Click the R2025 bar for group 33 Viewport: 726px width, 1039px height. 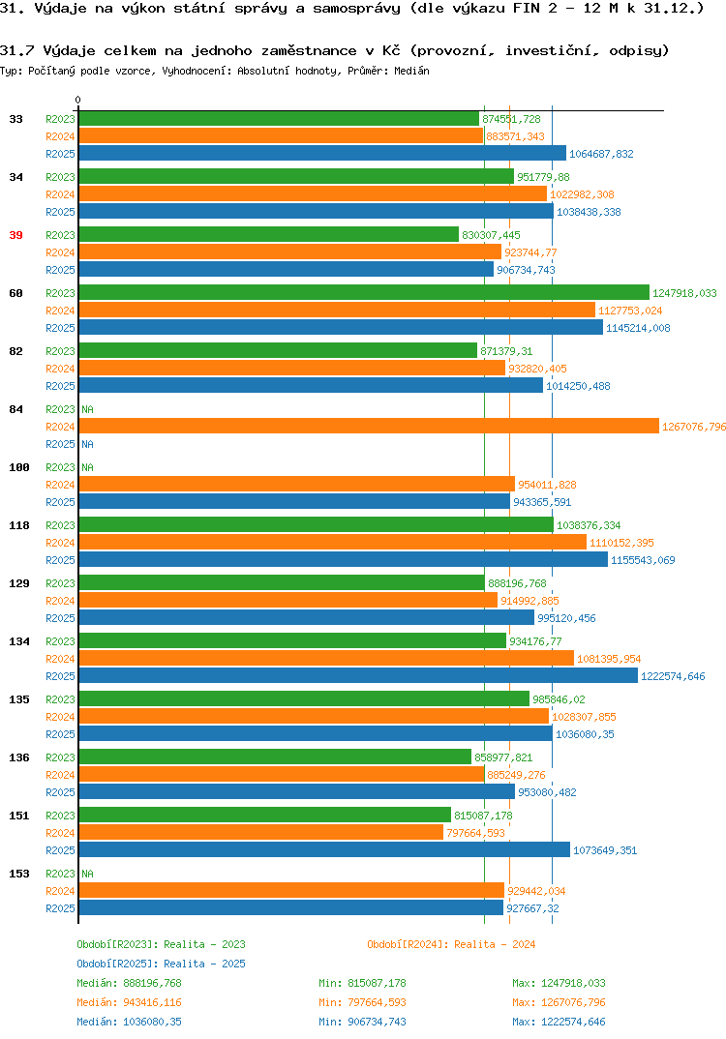pos(323,154)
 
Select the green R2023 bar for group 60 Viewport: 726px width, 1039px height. pos(364,293)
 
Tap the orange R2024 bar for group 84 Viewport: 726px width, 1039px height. pos(370,427)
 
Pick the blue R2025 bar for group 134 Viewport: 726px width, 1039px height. pos(358,676)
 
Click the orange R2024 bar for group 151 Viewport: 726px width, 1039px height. pos(261,833)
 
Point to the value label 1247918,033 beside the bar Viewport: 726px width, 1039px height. pos(685,293)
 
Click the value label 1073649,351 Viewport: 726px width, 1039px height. pos(605,850)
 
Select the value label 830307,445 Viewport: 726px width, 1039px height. pos(492,235)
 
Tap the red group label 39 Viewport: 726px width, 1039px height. pos(15,235)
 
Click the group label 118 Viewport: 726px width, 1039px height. pos(19,525)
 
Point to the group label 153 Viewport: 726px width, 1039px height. pos(19,874)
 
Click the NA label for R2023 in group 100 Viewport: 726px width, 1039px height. pos(87,467)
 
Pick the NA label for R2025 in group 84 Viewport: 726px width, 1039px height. pos(87,444)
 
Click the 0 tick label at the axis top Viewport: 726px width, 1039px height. pos(78,100)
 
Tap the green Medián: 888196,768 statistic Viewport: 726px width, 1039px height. pos(130,983)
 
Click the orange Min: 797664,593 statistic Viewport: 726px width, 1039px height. pos(363,1002)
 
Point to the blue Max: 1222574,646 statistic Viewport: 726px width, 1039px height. pos(559,1022)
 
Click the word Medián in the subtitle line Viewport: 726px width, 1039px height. pos(411,71)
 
